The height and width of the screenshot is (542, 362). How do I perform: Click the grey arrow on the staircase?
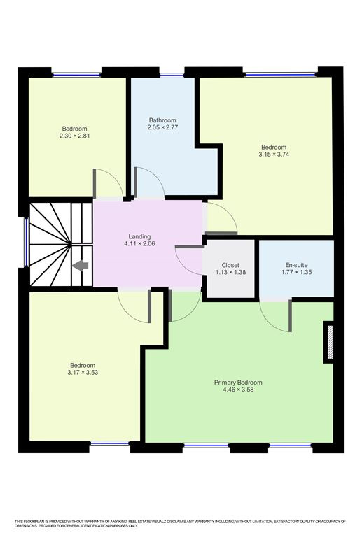pos(81,266)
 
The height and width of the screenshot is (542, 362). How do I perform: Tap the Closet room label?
pos(230,265)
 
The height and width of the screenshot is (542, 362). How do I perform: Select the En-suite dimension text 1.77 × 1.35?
pos(297,272)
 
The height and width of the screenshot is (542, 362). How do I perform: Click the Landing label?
pos(139,236)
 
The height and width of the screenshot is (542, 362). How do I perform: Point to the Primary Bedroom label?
pos(238,383)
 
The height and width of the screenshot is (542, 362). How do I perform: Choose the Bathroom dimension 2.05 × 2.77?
pos(162,127)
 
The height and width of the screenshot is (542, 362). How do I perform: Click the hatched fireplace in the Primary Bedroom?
pos(330,342)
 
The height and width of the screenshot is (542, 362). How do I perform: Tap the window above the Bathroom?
pos(172,75)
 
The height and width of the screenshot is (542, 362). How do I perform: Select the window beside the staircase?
pos(27,242)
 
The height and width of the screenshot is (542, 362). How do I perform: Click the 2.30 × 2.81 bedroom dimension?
pos(74,136)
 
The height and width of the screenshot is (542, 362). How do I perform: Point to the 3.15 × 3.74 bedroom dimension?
pos(274,155)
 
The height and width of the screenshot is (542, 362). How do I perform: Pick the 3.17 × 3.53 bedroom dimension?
pos(83,373)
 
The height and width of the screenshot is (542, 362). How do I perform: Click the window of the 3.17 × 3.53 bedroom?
pos(110,443)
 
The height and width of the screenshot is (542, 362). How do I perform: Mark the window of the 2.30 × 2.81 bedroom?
pos(76,74)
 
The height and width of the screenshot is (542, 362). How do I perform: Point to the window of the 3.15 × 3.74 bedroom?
pos(280,74)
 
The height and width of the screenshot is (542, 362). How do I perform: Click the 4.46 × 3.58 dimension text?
pos(239,390)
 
